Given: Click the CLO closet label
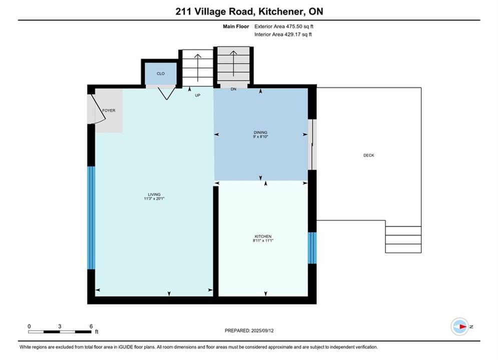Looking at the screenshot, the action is click(x=160, y=73).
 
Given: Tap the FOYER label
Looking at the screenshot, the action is click(x=109, y=110).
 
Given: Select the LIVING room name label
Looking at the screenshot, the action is click(x=154, y=194).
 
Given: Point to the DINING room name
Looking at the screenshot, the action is click(x=260, y=132).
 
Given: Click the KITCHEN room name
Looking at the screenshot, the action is click(x=263, y=236).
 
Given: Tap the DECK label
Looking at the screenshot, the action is click(x=369, y=155).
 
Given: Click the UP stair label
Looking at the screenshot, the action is click(x=198, y=95).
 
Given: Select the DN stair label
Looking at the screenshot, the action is click(x=233, y=89).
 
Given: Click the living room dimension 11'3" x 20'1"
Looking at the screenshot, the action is click(x=154, y=199).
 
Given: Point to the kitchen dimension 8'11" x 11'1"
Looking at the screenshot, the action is click(x=263, y=240).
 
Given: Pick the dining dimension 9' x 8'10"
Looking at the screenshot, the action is click(x=260, y=136).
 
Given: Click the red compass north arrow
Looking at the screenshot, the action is click(x=463, y=326).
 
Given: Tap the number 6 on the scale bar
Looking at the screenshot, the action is click(x=91, y=326).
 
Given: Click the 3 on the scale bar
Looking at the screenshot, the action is click(x=60, y=326).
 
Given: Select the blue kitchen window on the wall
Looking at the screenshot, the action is click(x=312, y=248).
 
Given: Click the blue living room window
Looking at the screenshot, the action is click(x=91, y=218).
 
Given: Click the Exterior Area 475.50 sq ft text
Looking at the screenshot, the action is click(x=284, y=26).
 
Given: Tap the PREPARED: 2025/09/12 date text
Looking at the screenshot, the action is click(x=249, y=330).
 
